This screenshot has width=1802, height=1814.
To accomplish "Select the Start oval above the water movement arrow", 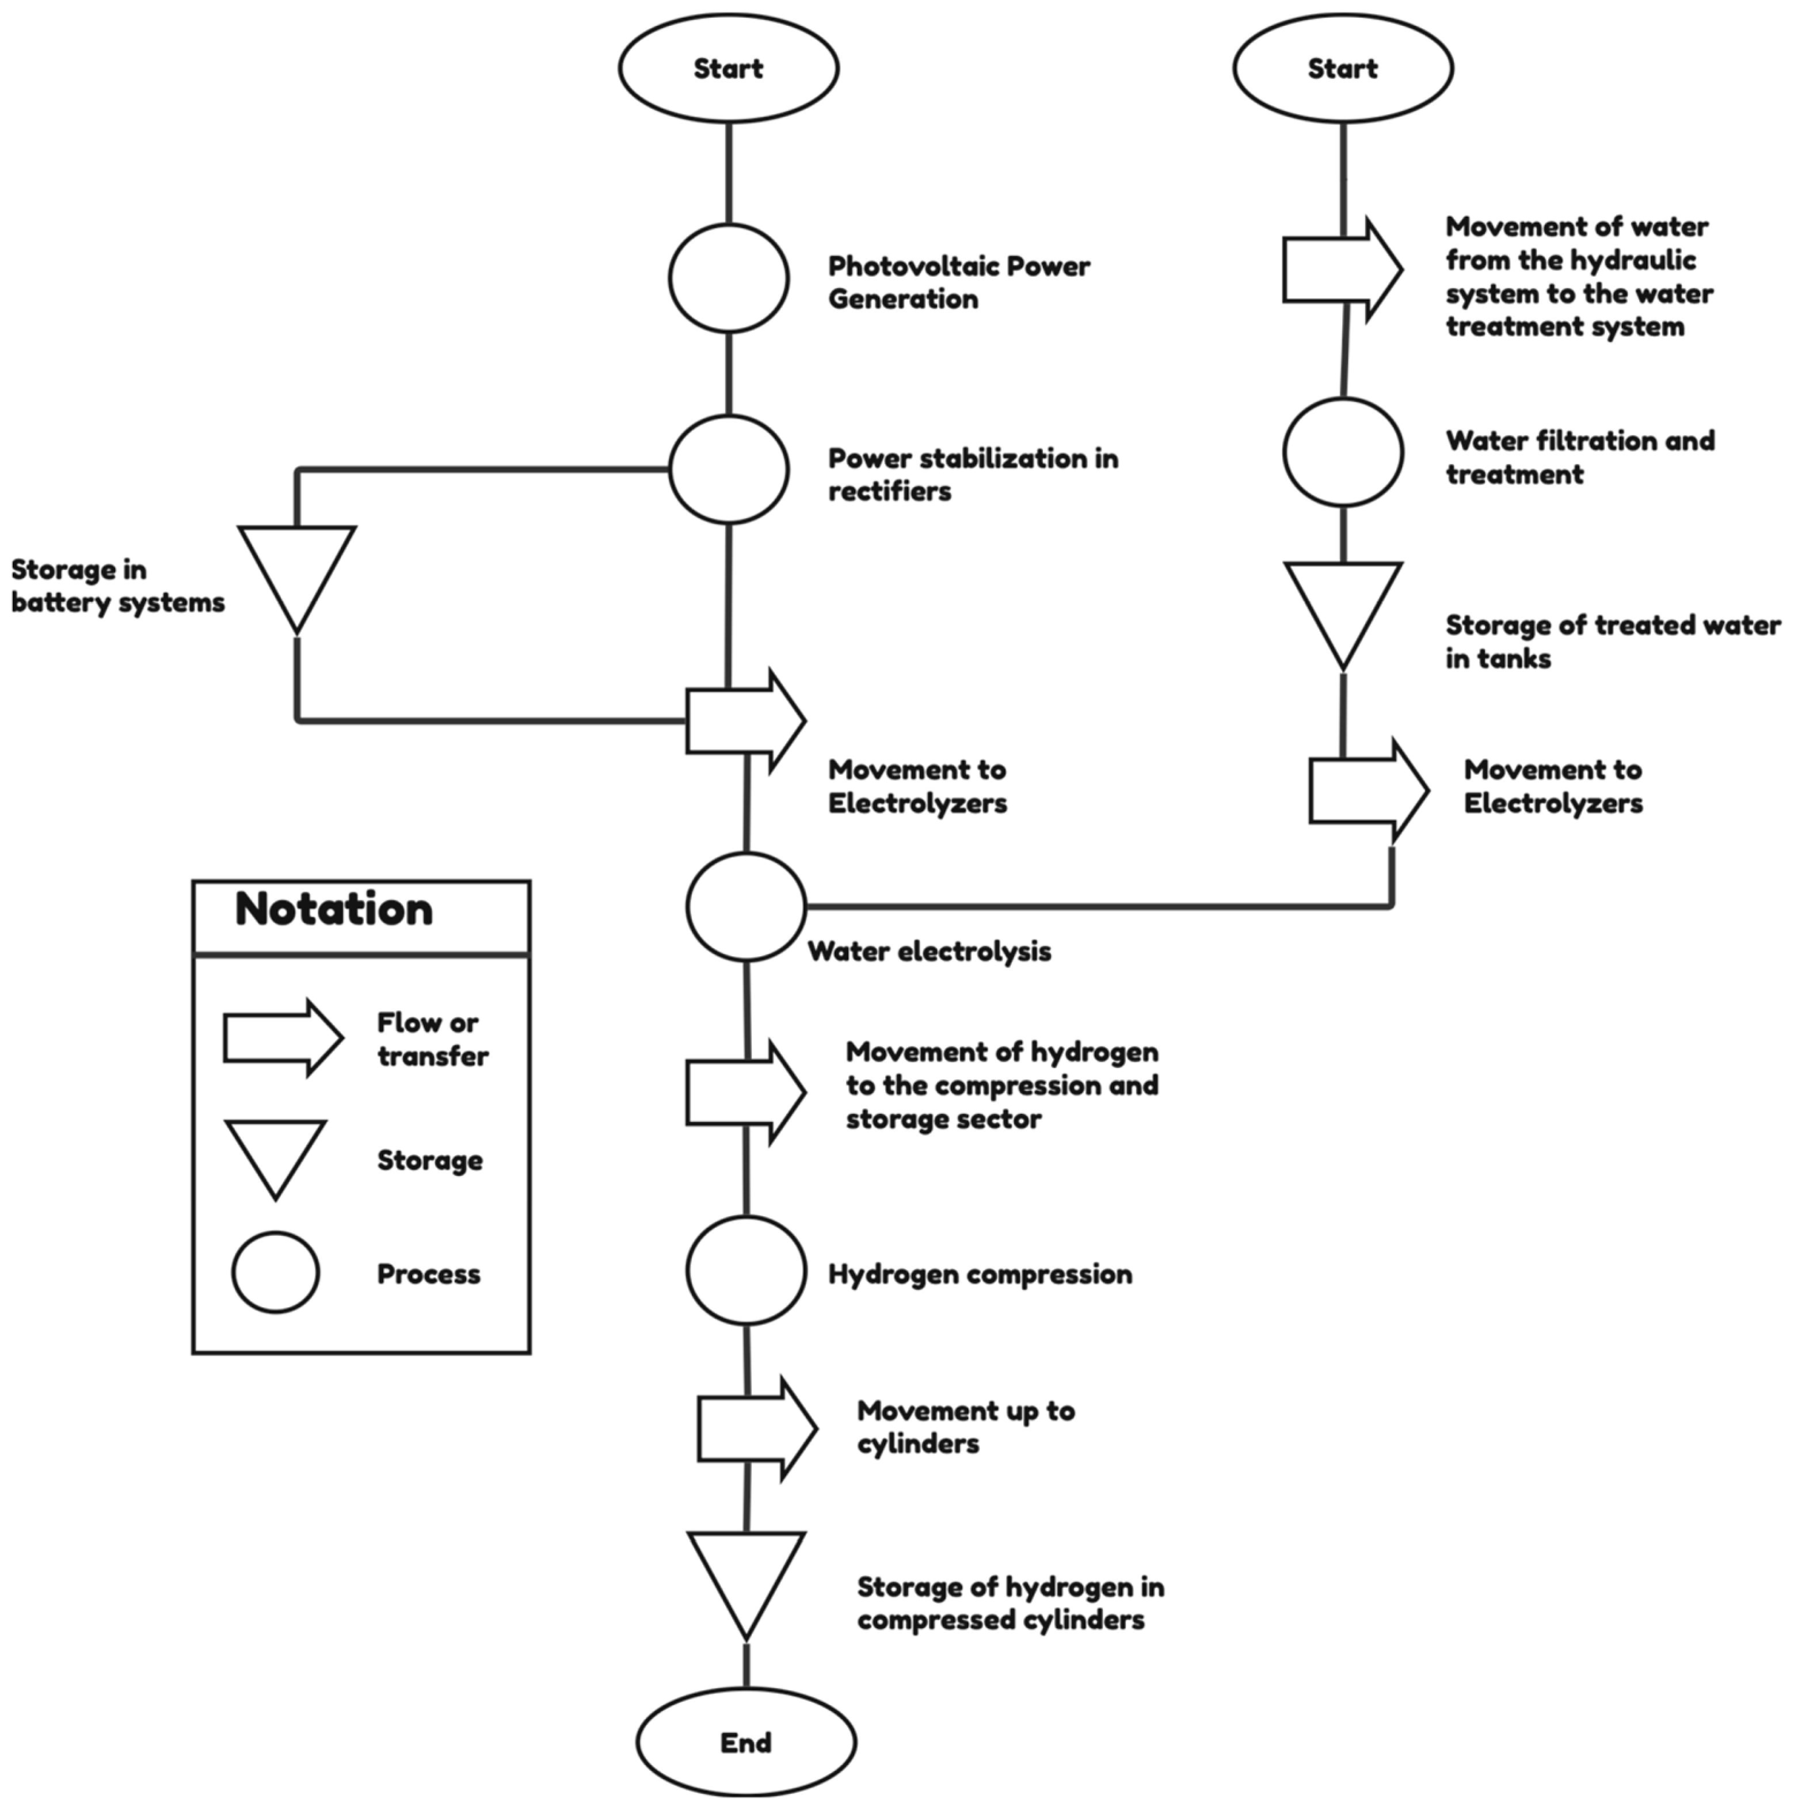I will point(1342,68).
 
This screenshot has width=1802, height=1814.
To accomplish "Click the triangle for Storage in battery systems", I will point(297,568).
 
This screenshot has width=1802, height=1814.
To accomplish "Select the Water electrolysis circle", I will point(745,907).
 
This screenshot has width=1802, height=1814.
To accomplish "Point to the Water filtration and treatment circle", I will point(1342,452).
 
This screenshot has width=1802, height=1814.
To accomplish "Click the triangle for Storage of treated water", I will point(1342,606).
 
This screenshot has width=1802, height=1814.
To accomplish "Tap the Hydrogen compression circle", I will point(745,1270).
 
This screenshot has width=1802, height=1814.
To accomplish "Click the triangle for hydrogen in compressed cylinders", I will point(745,1575).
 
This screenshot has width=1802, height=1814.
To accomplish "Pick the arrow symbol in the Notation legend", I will point(281,1037).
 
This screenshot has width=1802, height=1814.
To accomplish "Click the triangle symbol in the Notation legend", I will point(275,1150).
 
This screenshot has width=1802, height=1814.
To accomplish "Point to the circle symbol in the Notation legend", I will point(275,1272).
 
